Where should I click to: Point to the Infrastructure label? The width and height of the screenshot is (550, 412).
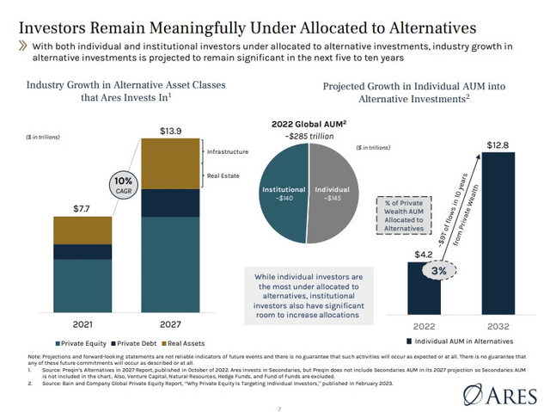pyautogui.click(x=227, y=152)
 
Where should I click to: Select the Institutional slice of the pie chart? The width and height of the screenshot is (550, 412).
pyautogui.click(x=283, y=195)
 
